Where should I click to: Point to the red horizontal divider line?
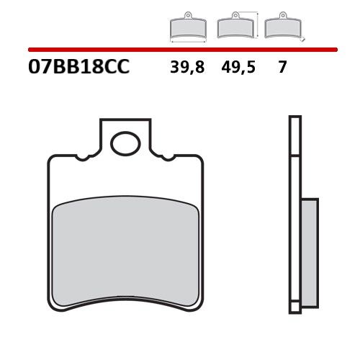(x=180, y=50)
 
